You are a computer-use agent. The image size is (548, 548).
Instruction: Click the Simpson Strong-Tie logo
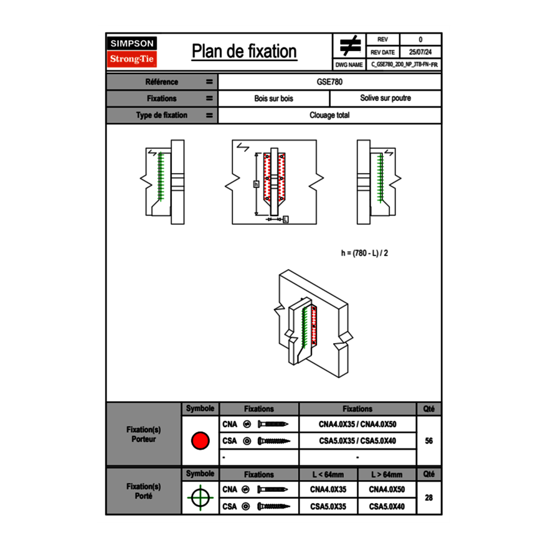click(133, 52)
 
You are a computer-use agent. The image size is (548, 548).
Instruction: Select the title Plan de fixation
click(244, 52)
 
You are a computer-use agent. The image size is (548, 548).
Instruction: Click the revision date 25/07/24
click(420, 52)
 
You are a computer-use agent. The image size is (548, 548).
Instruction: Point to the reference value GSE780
click(329, 82)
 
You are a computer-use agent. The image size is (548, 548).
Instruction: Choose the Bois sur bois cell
click(273, 98)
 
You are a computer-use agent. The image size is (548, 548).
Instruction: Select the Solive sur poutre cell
click(385, 98)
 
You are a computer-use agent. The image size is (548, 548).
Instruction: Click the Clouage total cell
click(329, 115)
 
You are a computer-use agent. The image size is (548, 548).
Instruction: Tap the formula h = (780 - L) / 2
click(369, 253)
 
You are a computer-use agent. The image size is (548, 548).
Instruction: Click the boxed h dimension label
click(256, 184)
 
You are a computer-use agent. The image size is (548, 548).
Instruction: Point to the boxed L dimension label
click(285, 219)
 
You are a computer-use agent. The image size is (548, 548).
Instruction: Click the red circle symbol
click(200, 441)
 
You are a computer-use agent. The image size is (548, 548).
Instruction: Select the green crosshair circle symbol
click(200, 498)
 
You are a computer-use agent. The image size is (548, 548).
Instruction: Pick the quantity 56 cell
click(428, 441)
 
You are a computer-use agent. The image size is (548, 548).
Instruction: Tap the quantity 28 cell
click(428, 498)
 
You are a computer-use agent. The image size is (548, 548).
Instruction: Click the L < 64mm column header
click(328, 475)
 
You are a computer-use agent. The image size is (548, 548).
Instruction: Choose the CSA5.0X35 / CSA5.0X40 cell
click(357, 441)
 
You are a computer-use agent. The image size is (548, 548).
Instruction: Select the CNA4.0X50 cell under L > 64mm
click(387, 489)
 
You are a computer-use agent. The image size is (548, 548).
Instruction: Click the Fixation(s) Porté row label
click(144, 491)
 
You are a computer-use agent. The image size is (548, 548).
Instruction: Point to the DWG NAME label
click(349, 64)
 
